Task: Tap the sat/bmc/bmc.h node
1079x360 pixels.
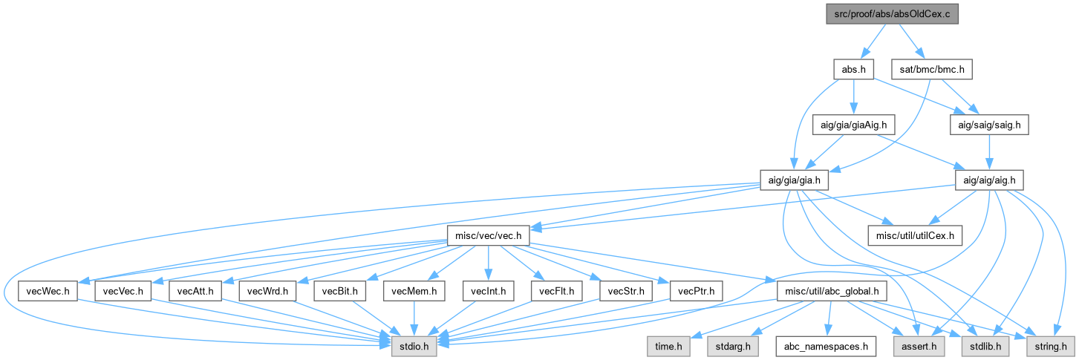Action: pyautogui.click(x=920, y=70)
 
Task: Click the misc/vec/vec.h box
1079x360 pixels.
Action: pyautogui.click(x=486, y=236)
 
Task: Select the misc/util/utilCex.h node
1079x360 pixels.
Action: pyautogui.click(x=915, y=236)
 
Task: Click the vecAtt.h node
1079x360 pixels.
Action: pyautogui.click(x=196, y=291)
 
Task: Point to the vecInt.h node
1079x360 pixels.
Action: pyautogui.click(x=487, y=291)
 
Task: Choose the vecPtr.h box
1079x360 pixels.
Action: pyautogui.click(x=696, y=291)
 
